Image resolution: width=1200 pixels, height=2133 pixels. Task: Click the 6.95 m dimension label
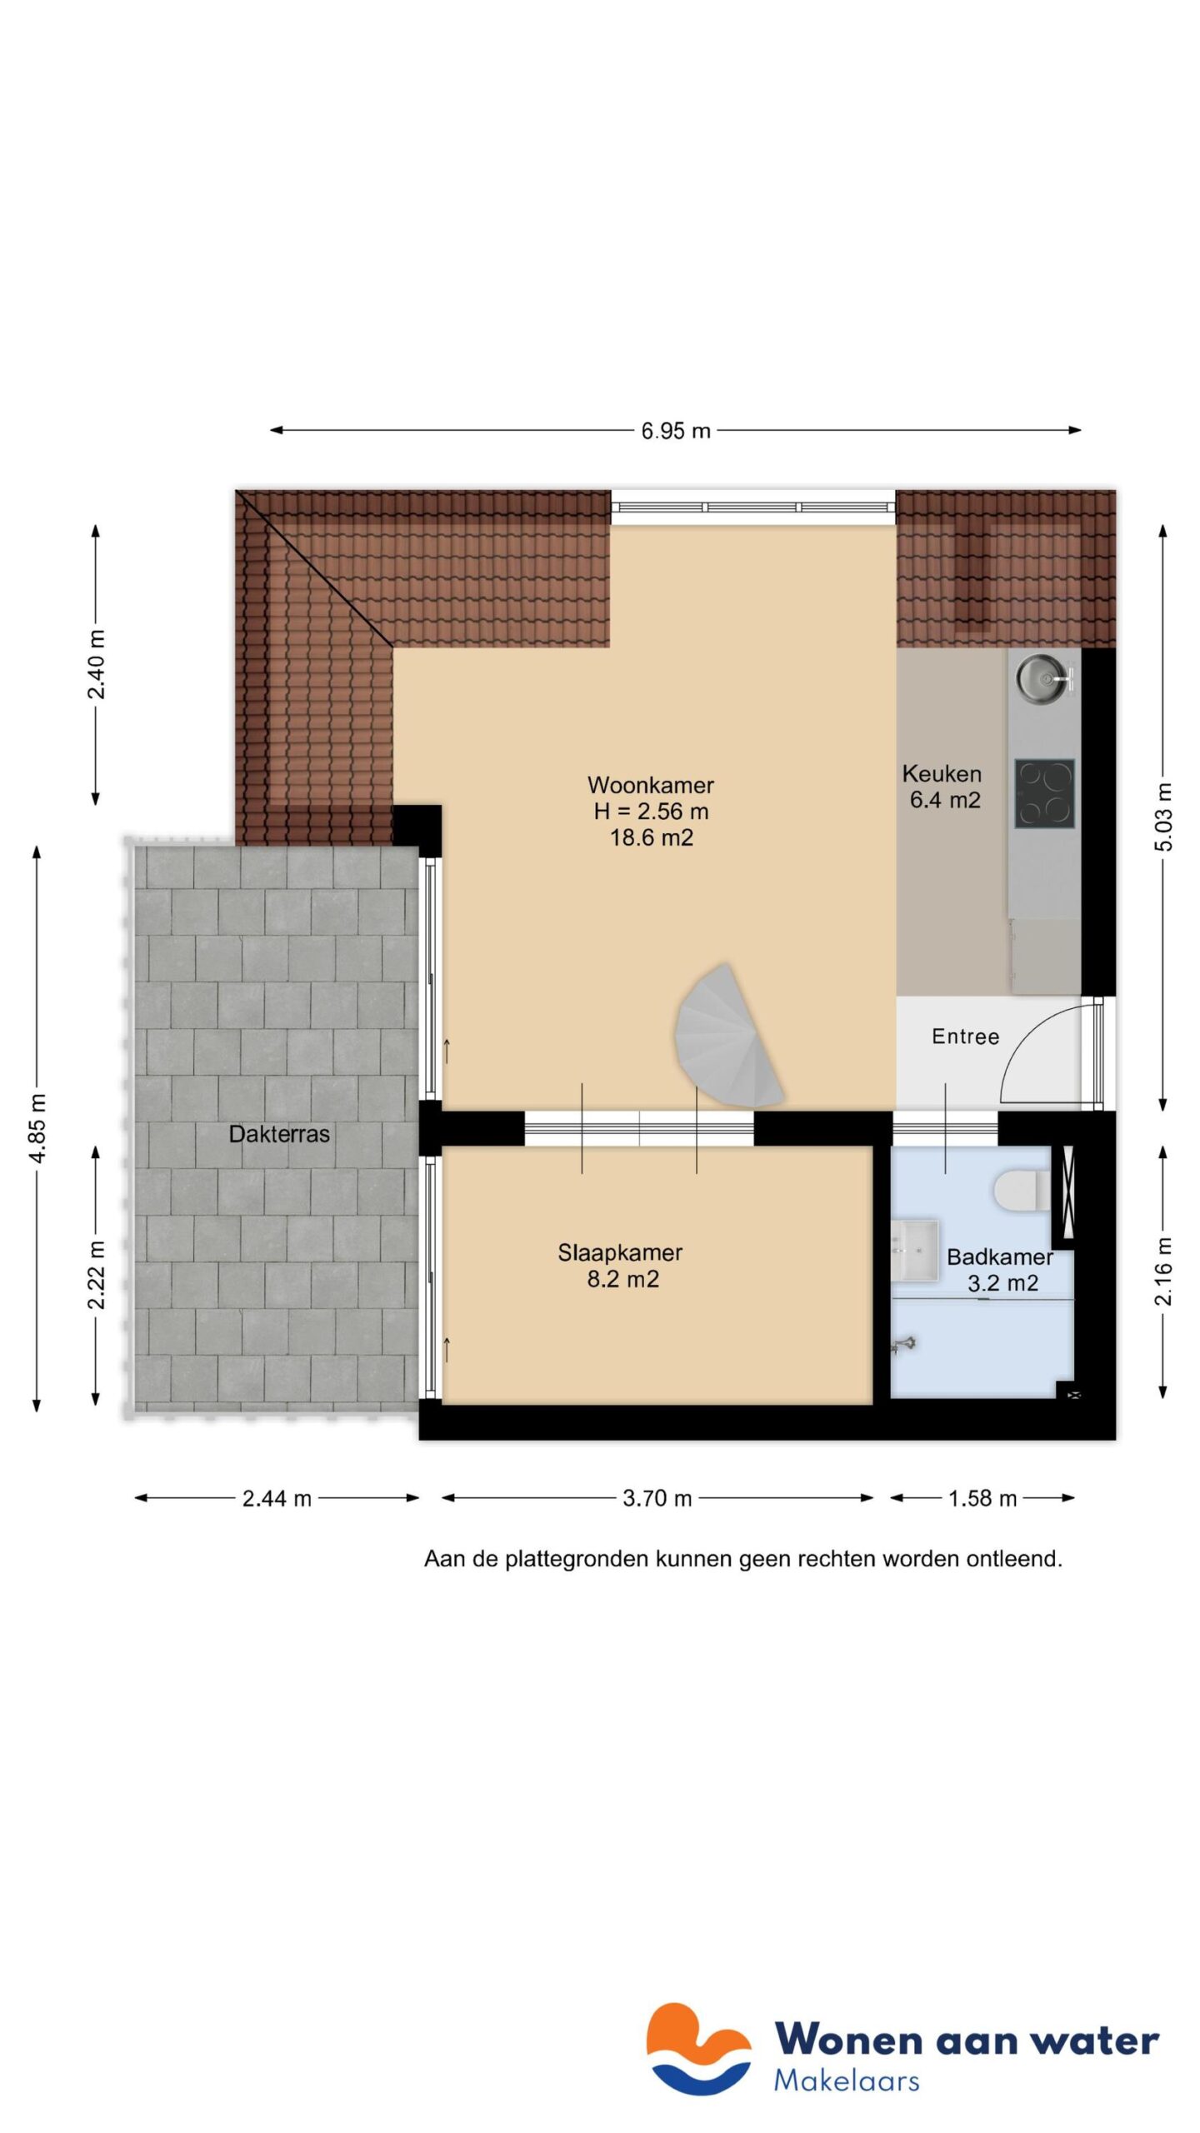(x=675, y=431)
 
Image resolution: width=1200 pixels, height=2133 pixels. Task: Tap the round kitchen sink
(x=1040, y=678)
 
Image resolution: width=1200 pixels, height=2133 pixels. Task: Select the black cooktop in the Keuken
(x=1043, y=793)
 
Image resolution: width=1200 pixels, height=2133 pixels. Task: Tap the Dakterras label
(x=279, y=1134)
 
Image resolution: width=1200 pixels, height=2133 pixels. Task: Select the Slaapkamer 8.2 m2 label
(x=621, y=1266)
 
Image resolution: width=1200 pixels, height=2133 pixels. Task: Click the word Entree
(x=965, y=1037)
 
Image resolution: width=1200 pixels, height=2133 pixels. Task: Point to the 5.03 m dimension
(x=1163, y=817)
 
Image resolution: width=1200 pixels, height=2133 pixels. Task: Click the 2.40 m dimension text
(x=96, y=665)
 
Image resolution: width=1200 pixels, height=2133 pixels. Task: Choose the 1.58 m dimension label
(x=982, y=1499)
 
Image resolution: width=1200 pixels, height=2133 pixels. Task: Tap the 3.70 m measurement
(x=657, y=1499)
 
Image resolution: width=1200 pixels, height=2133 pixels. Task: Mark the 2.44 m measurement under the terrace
(x=277, y=1499)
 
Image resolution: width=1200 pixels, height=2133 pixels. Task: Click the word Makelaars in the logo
(x=846, y=2081)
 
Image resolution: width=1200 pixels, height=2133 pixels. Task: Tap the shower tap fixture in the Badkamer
(x=903, y=1344)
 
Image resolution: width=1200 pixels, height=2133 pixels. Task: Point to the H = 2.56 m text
(x=651, y=811)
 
